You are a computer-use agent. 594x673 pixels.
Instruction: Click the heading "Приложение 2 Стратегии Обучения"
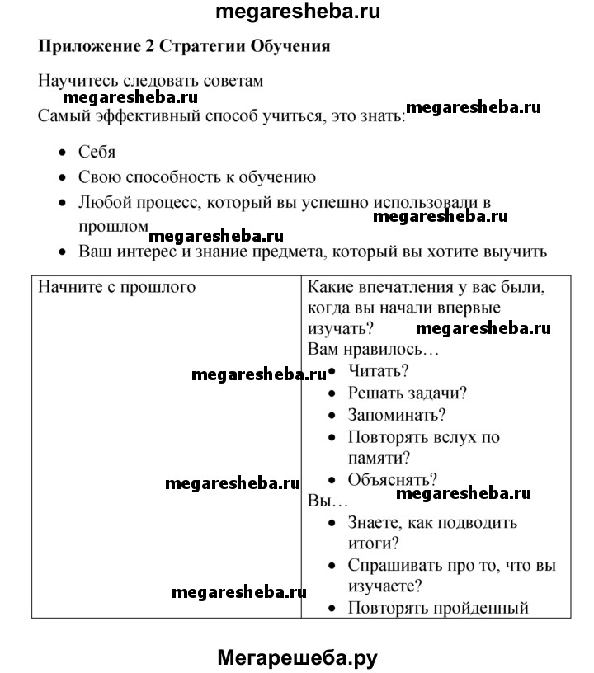(184, 46)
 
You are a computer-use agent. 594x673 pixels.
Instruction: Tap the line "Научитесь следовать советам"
(151, 82)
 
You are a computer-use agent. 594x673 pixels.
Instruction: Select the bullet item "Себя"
(97, 152)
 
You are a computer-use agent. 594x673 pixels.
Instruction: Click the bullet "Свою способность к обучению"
(197, 176)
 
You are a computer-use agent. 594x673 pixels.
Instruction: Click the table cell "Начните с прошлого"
(117, 287)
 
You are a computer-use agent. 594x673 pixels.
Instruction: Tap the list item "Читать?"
(379, 372)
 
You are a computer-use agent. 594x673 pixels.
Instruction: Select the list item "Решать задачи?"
(408, 394)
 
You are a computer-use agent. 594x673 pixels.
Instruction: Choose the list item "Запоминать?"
(397, 416)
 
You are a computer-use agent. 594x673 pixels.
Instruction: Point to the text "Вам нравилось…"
(373, 350)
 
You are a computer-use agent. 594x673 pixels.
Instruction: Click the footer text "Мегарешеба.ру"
(297, 657)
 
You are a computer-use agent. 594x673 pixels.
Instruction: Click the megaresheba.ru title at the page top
(297, 12)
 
